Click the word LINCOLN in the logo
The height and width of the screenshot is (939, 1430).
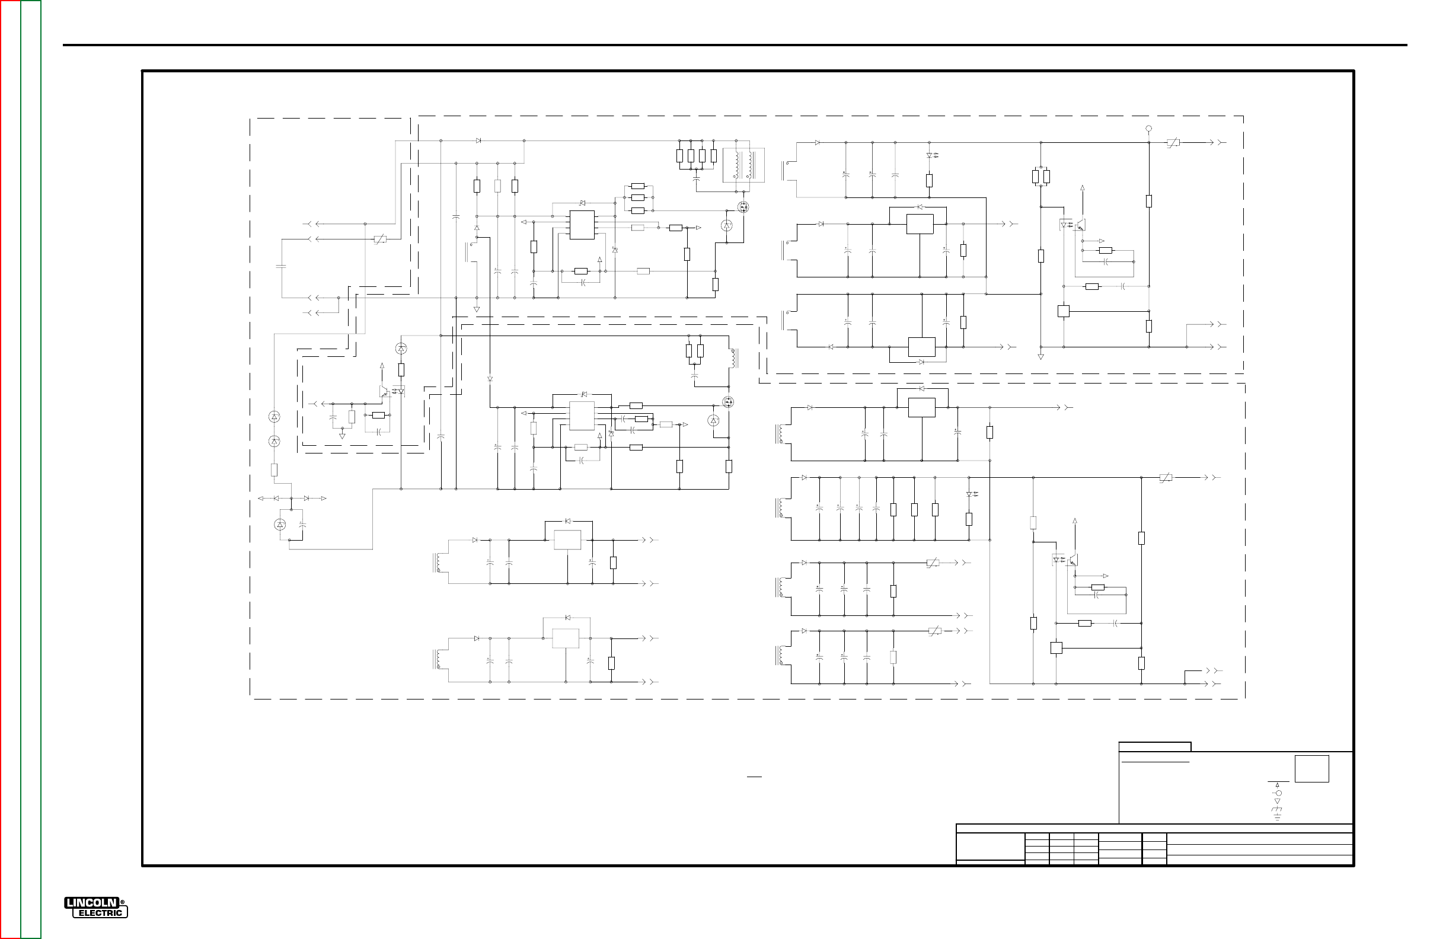(x=91, y=903)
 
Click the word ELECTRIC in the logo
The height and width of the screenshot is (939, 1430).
(x=100, y=913)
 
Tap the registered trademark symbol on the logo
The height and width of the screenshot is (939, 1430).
(x=122, y=902)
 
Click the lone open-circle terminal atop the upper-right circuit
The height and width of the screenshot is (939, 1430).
(x=1149, y=129)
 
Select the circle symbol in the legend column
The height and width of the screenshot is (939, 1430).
(x=1278, y=793)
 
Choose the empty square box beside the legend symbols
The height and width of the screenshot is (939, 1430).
(x=1311, y=769)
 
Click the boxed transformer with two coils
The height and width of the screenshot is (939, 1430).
(x=744, y=165)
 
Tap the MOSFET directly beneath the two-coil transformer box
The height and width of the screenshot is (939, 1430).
(x=744, y=207)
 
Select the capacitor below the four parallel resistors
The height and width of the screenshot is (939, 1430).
(x=697, y=178)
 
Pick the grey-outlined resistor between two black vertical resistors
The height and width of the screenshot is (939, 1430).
(x=497, y=186)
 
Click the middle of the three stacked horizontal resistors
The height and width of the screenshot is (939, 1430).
(x=638, y=197)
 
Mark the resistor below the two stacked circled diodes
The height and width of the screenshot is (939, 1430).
(x=274, y=471)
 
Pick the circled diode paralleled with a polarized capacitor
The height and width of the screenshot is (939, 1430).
(x=280, y=525)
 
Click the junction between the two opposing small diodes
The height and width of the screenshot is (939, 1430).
(x=292, y=498)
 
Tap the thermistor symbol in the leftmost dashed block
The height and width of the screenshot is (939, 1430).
(x=379, y=239)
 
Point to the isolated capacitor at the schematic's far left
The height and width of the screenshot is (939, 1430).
(x=280, y=265)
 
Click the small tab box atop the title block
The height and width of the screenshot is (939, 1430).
(x=1154, y=747)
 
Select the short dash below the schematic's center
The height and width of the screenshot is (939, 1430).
(x=754, y=777)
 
